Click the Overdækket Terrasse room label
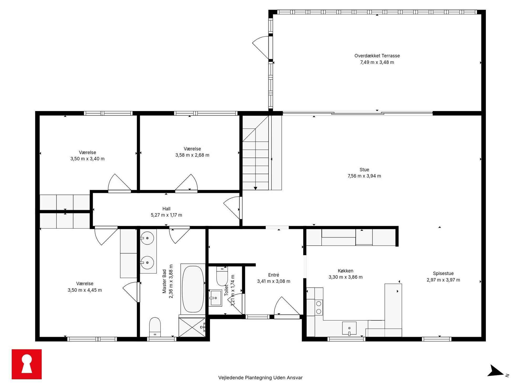(377, 56)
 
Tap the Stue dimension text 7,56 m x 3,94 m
(364, 176)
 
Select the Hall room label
(166, 209)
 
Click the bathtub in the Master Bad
(193, 289)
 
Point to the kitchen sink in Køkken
(349, 328)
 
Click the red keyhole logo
(27, 364)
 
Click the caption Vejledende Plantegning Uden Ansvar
(260, 378)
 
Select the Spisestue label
(443, 274)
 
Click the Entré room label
(274, 275)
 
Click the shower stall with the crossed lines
(192, 327)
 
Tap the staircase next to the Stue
(256, 153)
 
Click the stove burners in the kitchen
(319, 307)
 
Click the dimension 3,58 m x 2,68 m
(192, 155)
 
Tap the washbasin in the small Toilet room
(216, 298)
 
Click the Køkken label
(345, 271)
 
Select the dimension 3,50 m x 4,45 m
(85, 290)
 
